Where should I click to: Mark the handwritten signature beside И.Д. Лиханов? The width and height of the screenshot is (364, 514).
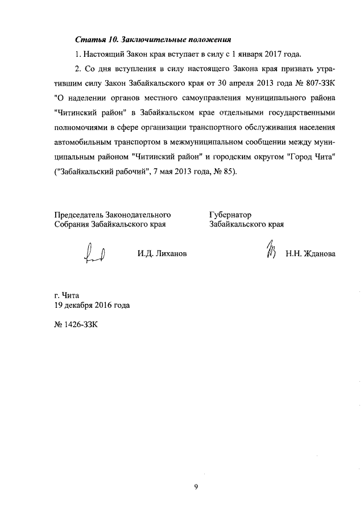[94, 253]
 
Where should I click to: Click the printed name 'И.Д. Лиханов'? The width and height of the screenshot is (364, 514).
[162, 254]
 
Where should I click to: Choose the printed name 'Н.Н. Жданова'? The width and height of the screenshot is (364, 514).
[311, 254]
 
